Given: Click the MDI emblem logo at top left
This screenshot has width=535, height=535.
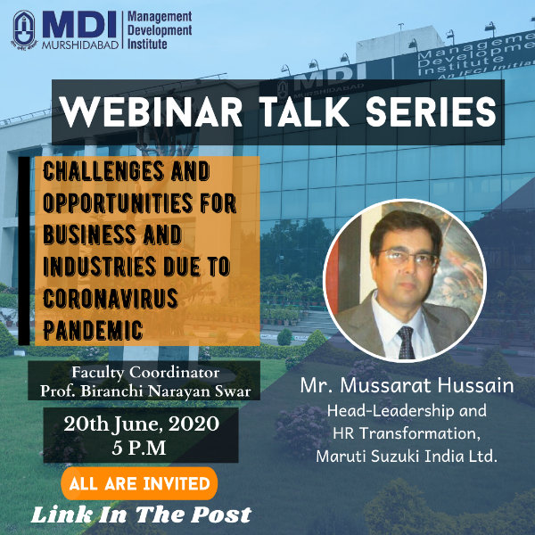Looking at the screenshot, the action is point(24,30).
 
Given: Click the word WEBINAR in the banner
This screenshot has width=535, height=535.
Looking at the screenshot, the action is point(151,112).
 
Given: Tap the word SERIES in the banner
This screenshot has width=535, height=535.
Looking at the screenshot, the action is point(431,112).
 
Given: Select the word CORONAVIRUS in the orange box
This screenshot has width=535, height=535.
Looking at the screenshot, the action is point(111,298).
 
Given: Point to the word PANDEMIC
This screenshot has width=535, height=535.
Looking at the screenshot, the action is point(93,330).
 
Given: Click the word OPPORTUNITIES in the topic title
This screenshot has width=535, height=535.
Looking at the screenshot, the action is point(118,202).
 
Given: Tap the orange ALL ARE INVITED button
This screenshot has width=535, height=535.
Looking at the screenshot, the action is point(139,483).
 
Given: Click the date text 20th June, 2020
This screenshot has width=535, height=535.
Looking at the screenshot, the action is point(141,424).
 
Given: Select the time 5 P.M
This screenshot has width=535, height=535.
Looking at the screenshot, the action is point(139,448).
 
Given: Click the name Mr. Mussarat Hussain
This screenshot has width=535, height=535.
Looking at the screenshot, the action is point(407,385).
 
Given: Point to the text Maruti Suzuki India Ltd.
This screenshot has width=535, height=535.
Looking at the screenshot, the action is point(407,457).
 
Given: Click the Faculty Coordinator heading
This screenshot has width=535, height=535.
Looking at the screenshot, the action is point(145,372).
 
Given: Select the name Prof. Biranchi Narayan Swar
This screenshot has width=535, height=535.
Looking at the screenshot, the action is point(145,391).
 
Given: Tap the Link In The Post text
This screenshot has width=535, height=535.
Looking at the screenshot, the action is point(141,514).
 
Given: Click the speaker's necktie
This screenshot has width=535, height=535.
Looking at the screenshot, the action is point(406,342).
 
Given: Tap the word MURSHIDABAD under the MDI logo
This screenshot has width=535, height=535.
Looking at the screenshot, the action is point(80,45).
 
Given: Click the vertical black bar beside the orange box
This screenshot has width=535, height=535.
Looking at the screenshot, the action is point(24,251).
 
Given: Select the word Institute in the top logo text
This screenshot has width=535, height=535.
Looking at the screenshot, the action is point(147,44).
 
